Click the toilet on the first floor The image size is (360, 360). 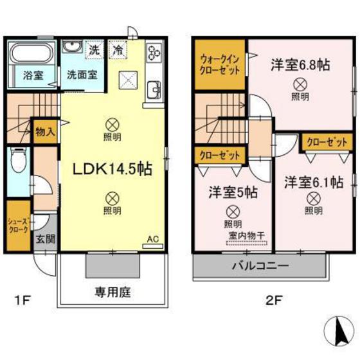pos(17,160)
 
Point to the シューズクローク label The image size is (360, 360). pos(17,225)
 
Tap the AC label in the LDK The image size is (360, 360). pos(153,239)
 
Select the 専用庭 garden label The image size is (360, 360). pos(113,292)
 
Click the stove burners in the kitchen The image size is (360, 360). pos(155,53)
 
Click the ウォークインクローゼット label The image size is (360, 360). pos(221,64)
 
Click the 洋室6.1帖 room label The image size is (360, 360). pos(314,181)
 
